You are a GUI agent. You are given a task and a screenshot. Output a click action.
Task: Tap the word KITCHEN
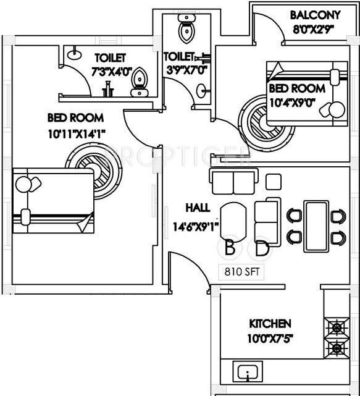[270, 324]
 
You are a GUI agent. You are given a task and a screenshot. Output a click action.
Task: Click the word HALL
[196, 208]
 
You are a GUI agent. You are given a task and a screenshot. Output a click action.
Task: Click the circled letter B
[230, 249]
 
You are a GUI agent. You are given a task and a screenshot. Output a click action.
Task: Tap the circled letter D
[262, 249]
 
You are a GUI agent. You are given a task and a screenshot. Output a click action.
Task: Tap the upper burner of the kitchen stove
[337, 326]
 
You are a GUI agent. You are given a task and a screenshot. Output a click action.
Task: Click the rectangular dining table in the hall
[316, 224]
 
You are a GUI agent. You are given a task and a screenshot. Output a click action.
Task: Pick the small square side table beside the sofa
[272, 181]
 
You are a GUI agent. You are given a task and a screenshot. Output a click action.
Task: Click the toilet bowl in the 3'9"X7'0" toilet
[185, 29]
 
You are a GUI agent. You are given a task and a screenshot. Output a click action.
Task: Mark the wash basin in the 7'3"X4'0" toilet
[73, 53]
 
